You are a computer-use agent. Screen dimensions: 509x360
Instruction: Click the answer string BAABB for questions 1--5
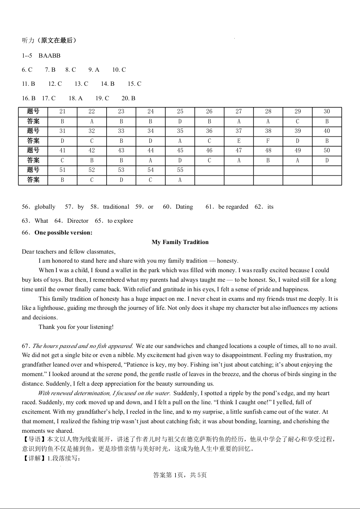[x=49, y=56]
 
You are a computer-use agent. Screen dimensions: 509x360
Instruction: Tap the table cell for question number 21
[x=62, y=112]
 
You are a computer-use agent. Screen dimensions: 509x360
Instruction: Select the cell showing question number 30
[x=327, y=112]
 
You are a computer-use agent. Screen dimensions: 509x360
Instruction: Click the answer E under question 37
[x=239, y=141]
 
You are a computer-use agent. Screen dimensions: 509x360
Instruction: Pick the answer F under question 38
[x=268, y=141]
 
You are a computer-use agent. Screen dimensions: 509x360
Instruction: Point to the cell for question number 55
[x=180, y=170]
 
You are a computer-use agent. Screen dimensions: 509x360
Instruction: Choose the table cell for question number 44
[x=151, y=151]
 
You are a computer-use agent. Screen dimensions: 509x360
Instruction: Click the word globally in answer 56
[x=45, y=207]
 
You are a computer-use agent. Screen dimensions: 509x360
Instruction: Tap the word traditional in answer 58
[x=116, y=207]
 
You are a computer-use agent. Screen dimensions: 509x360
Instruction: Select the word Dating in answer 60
[x=184, y=207]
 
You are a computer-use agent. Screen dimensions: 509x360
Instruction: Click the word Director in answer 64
[x=78, y=221]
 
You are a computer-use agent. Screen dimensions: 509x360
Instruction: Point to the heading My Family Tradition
[x=180, y=242]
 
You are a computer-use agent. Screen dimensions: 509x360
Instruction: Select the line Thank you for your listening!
[x=76, y=327]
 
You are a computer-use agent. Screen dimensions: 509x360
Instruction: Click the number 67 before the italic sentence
[x=25, y=346]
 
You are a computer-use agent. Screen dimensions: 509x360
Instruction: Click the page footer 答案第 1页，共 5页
[x=180, y=475]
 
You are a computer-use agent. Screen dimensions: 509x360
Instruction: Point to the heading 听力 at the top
[x=28, y=40]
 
